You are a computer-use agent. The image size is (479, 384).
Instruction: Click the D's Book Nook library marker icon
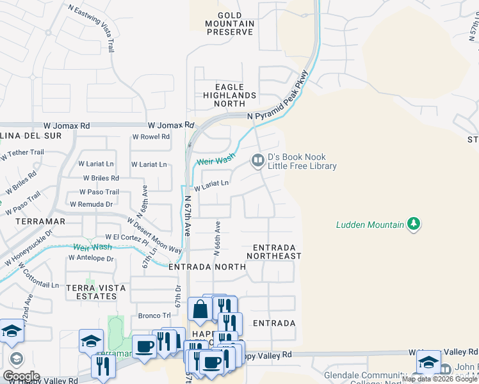257,161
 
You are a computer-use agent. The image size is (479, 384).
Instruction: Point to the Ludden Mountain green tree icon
414,224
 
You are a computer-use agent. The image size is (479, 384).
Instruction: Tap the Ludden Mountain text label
370,225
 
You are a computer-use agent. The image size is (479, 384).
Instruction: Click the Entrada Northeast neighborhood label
277,252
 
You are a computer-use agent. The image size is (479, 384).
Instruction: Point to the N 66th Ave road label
217,239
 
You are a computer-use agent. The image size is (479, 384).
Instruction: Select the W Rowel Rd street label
150,136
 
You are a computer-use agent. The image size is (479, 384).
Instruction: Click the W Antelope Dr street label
91,259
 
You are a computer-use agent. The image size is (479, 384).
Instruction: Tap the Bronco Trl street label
154,316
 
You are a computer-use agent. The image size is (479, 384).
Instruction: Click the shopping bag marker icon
200,309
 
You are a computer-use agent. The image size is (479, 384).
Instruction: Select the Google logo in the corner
21,376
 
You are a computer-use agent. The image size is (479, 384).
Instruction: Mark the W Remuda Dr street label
91,204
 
